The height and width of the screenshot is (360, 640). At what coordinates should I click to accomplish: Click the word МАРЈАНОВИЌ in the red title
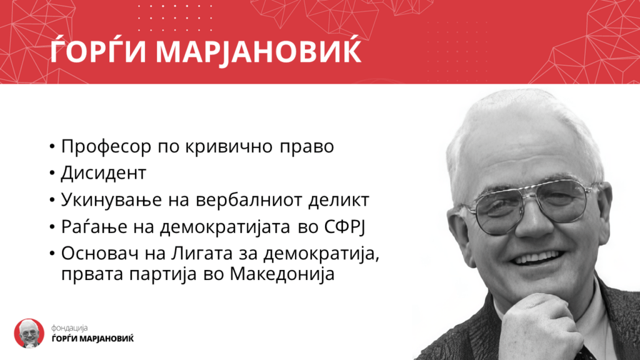(x=259, y=51)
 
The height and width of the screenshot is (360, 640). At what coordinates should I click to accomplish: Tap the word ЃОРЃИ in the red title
(x=98, y=51)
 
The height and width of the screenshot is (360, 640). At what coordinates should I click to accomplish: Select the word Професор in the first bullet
(x=106, y=147)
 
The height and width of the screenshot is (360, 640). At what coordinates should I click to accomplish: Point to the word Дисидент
(x=103, y=173)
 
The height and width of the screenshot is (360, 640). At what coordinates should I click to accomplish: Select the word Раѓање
(x=94, y=227)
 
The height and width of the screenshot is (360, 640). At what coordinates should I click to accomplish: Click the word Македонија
(x=282, y=274)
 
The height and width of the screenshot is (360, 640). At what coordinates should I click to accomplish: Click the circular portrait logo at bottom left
(x=29, y=334)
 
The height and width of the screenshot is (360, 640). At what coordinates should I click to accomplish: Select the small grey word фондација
(x=69, y=327)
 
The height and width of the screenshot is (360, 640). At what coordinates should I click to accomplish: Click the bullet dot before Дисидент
(x=52, y=172)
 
